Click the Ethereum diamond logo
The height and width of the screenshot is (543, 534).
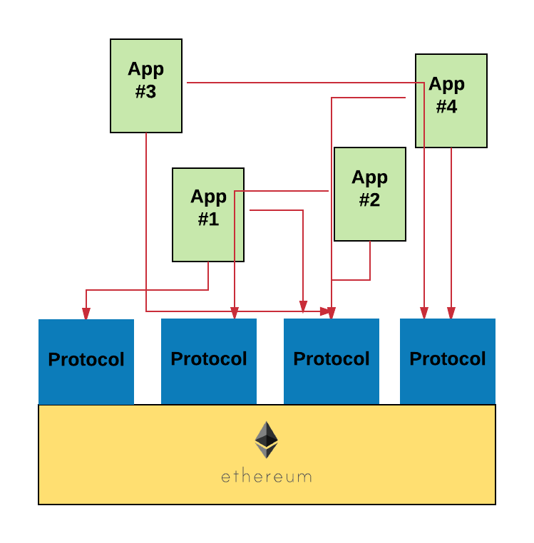(x=267, y=440)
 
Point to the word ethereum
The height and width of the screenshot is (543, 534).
(x=267, y=476)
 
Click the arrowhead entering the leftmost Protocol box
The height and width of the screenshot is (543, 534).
(x=86, y=314)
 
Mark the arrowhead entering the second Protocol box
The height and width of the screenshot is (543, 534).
(x=235, y=314)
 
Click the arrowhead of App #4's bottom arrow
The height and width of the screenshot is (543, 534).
(x=451, y=314)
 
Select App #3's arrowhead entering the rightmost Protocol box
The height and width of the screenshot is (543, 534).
(x=424, y=314)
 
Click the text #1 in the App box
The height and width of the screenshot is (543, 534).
(x=208, y=219)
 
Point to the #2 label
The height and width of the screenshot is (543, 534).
(x=369, y=200)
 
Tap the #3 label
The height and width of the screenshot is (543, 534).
(x=145, y=93)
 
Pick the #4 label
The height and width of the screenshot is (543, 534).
(x=447, y=107)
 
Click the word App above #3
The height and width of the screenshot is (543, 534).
(x=145, y=70)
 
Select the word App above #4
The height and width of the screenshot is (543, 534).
(x=447, y=85)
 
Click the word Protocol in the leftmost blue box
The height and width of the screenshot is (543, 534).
(x=86, y=359)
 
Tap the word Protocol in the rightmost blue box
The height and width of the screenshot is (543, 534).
(x=448, y=358)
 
